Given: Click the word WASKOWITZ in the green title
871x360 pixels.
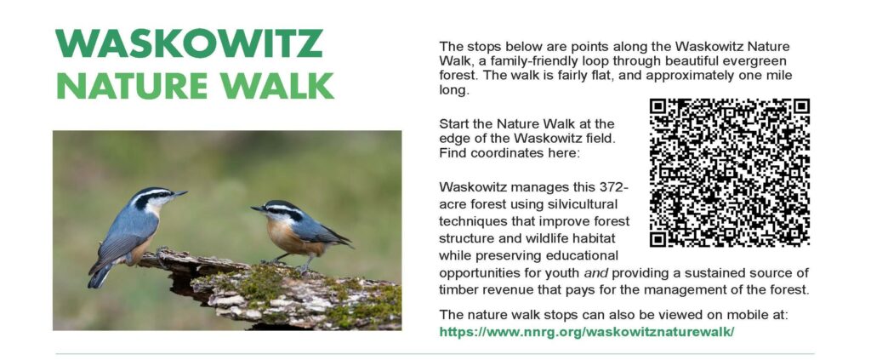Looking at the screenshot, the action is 189,43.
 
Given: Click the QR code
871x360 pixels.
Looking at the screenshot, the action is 729,173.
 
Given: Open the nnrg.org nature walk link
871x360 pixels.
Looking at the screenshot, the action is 587,332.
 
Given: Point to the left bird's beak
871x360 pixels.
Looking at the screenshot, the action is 179,194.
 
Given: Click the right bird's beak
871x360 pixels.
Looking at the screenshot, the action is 258,209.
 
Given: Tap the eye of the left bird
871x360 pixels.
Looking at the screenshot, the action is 161,195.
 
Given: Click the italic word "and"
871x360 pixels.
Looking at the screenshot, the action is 595,273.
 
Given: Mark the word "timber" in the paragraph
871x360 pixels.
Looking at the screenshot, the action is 457,290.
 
